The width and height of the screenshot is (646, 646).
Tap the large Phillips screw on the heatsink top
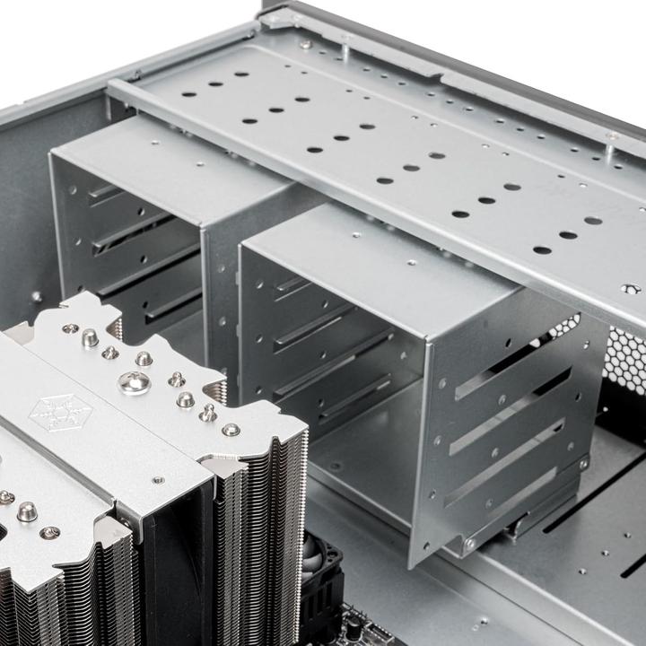pos(135,383)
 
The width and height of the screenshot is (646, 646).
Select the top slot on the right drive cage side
pos(502,362)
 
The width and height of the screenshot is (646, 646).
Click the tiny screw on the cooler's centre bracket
pos(159,481)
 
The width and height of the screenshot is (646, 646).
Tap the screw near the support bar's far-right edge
pos(632,289)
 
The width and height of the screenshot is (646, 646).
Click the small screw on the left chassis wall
pos(36,296)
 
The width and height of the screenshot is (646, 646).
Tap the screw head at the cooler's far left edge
pos(6,496)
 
